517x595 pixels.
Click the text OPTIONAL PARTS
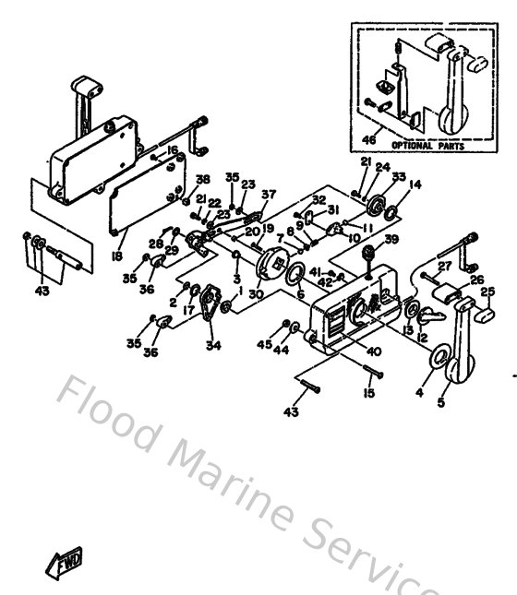coord(424,146)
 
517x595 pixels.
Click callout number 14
coord(415,184)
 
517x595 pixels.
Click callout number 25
coord(489,292)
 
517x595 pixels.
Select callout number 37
coord(268,194)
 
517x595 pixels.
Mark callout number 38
coord(202,178)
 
